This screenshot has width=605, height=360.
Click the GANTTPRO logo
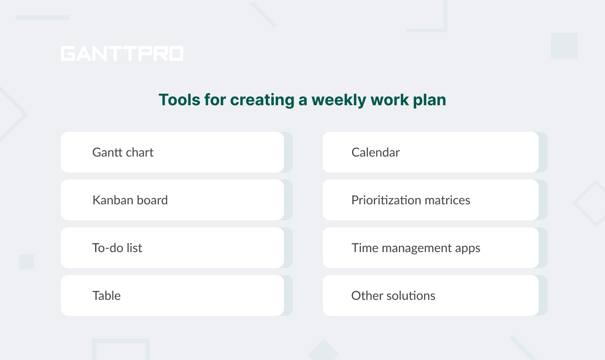pos(122,54)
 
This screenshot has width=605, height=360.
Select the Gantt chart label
pos(123,153)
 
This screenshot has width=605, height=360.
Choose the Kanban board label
pos(130,200)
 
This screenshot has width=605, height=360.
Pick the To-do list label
pos(117,248)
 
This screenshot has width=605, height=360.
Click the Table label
pos(107,296)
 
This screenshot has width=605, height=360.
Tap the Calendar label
pos(375,153)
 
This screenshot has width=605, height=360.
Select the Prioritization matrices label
pos(411,200)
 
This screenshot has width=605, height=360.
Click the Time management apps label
pos(416,248)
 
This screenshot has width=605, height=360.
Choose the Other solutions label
pos(393,296)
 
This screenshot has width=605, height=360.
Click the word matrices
pos(447,200)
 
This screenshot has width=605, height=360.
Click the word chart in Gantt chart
pos(139,153)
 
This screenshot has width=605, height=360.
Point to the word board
pos(152,200)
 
